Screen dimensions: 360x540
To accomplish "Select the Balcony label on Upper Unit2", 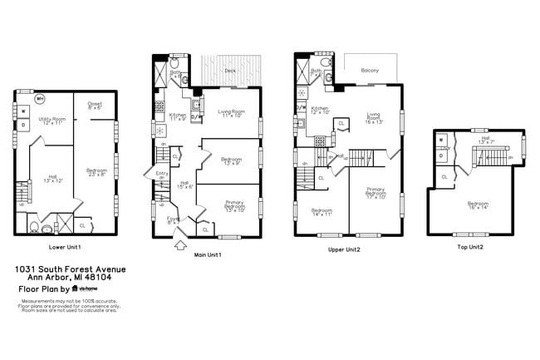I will point(370,71).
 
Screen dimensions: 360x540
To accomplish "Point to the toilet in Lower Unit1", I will point(34,226).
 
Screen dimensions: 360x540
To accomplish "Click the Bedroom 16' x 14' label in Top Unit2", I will point(477,205).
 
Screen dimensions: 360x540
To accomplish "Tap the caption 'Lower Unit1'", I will point(65,248).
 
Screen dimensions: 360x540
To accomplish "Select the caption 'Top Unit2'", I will point(470,247).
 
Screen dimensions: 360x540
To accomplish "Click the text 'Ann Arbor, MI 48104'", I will point(70,278).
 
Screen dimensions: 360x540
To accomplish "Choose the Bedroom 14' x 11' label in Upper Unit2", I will point(322,212).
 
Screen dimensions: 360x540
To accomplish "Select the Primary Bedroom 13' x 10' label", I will point(233,205).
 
